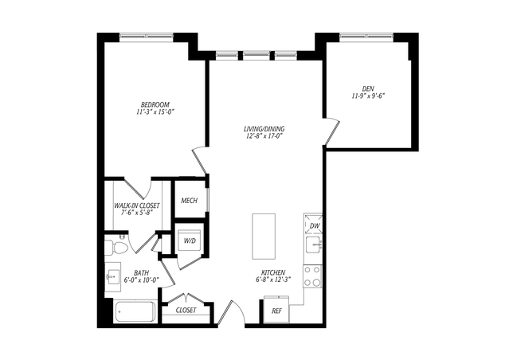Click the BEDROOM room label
[x=155, y=105]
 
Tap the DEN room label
[x=368, y=88]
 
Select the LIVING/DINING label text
[x=264, y=129]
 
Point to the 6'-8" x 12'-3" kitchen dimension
[x=273, y=279]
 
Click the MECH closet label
[x=190, y=201]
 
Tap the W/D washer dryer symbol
[x=190, y=241]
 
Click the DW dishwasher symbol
[x=313, y=225]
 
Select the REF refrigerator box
[x=276, y=309]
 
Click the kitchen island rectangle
[x=264, y=237]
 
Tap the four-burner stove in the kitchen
[x=313, y=276]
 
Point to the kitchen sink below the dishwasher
[x=314, y=244]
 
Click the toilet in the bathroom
[x=116, y=248]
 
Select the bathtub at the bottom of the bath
[x=135, y=311]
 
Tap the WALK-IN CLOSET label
[x=137, y=205]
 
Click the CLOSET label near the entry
[x=186, y=311]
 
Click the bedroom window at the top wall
[x=147, y=37]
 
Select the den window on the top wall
[x=366, y=37]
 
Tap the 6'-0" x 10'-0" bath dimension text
[x=142, y=280]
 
